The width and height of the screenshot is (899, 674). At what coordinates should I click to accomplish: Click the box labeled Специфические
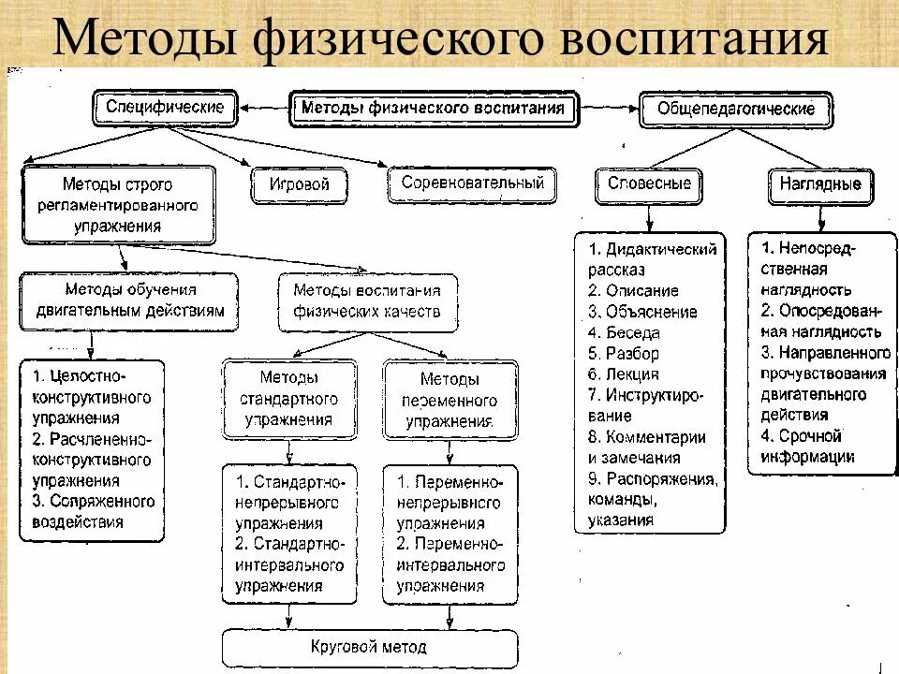point(164,108)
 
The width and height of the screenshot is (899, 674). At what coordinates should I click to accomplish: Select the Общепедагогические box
point(736,110)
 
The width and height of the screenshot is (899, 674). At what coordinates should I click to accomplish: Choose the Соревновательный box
point(472,183)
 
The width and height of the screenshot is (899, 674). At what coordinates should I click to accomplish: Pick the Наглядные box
point(820,184)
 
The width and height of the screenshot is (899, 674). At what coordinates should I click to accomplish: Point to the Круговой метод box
point(369,647)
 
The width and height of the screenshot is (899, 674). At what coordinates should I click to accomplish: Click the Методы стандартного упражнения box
point(290,400)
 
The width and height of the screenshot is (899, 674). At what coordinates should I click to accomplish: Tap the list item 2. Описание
point(633,291)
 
